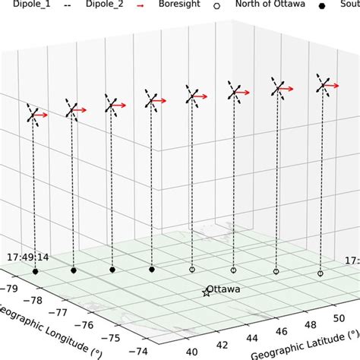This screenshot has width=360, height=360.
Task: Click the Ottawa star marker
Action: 207,292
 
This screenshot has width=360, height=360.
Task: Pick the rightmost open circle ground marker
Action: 320,273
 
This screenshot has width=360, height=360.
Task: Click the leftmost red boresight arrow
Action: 42,115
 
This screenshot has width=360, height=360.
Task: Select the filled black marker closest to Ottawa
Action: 152,269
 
